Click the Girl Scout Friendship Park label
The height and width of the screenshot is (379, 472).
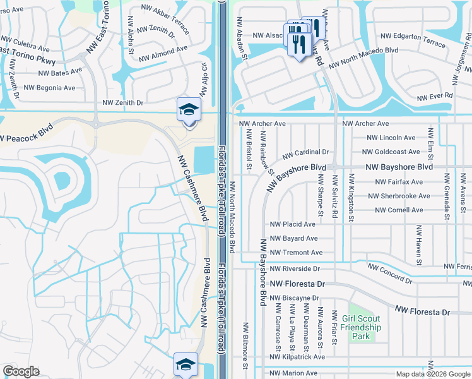click(360, 327)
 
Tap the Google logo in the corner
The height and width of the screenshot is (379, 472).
click(21, 371)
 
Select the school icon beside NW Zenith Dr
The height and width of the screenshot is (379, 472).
click(189, 111)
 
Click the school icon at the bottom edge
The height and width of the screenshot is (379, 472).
click(186, 365)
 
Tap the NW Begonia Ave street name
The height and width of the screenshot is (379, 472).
click(49, 88)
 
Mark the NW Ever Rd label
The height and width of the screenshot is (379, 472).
click(435, 95)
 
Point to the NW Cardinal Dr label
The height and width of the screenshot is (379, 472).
click(305, 153)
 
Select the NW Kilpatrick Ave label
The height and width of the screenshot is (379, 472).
click(297, 357)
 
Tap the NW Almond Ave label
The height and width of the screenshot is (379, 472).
click(163, 49)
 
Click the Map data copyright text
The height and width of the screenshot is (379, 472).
click(432, 374)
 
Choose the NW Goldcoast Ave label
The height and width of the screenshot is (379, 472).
click(391, 152)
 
